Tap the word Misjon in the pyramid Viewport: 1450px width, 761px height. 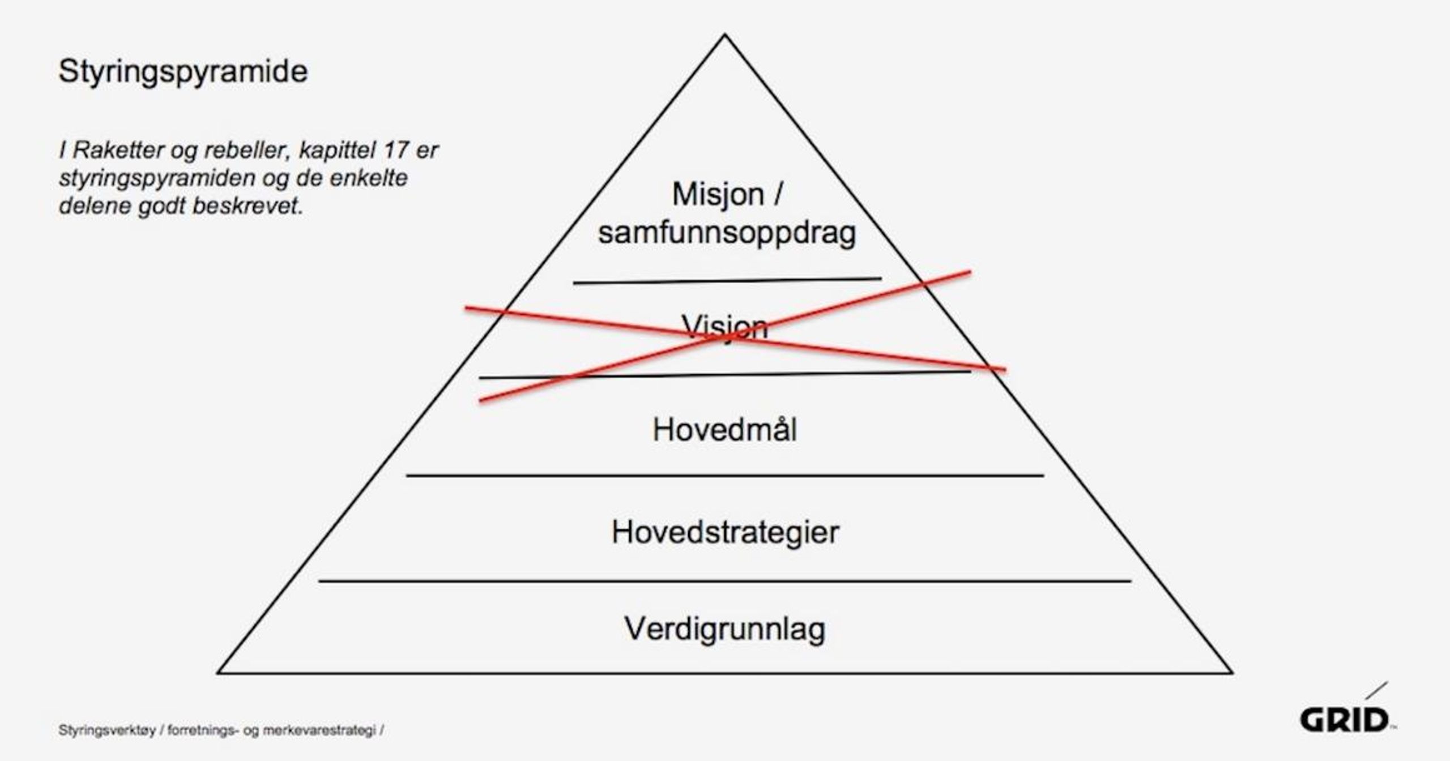click(x=718, y=195)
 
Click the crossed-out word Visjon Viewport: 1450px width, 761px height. click(x=724, y=327)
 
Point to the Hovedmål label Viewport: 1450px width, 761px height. click(x=724, y=430)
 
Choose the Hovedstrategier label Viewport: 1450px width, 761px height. click(x=725, y=533)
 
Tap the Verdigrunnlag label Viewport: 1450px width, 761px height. click(x=724, y=629)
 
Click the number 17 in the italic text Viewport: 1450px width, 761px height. click(x=395, y=151)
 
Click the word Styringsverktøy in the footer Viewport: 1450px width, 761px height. click(x=106, y=731)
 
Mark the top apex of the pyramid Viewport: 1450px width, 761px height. click(x=724, y=35)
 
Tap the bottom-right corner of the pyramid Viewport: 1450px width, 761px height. click(x=1231, y=673)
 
